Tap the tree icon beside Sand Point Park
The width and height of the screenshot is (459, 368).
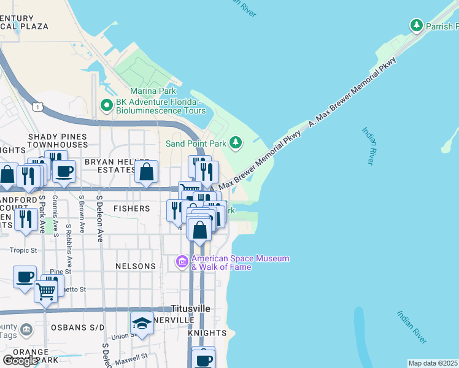235,143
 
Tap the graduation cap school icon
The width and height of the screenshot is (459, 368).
142,324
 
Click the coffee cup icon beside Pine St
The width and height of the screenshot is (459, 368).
25,278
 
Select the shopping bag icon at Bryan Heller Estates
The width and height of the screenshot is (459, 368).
147,173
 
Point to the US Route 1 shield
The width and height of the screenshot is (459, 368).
37,107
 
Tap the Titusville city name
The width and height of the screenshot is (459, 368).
190,308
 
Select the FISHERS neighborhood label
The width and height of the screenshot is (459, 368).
131,209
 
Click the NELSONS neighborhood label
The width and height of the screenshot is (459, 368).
136,266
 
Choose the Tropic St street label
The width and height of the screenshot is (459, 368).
24,250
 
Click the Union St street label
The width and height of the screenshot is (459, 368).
124,335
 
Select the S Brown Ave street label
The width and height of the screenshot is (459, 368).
81,216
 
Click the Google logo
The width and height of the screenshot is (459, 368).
21,361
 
